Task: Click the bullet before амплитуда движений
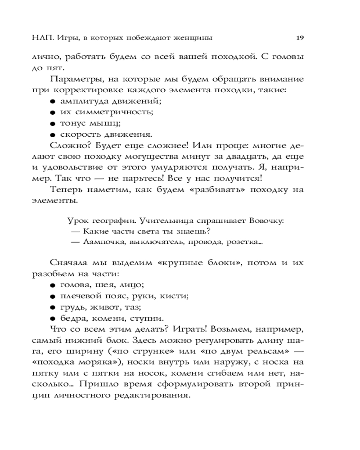(x=53, y=102)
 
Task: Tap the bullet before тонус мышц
(x=53, y=123)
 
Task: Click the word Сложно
(x=66, y=145)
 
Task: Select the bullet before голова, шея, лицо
(x=53, y=285)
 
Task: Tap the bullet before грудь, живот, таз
(x=53, y=307)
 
